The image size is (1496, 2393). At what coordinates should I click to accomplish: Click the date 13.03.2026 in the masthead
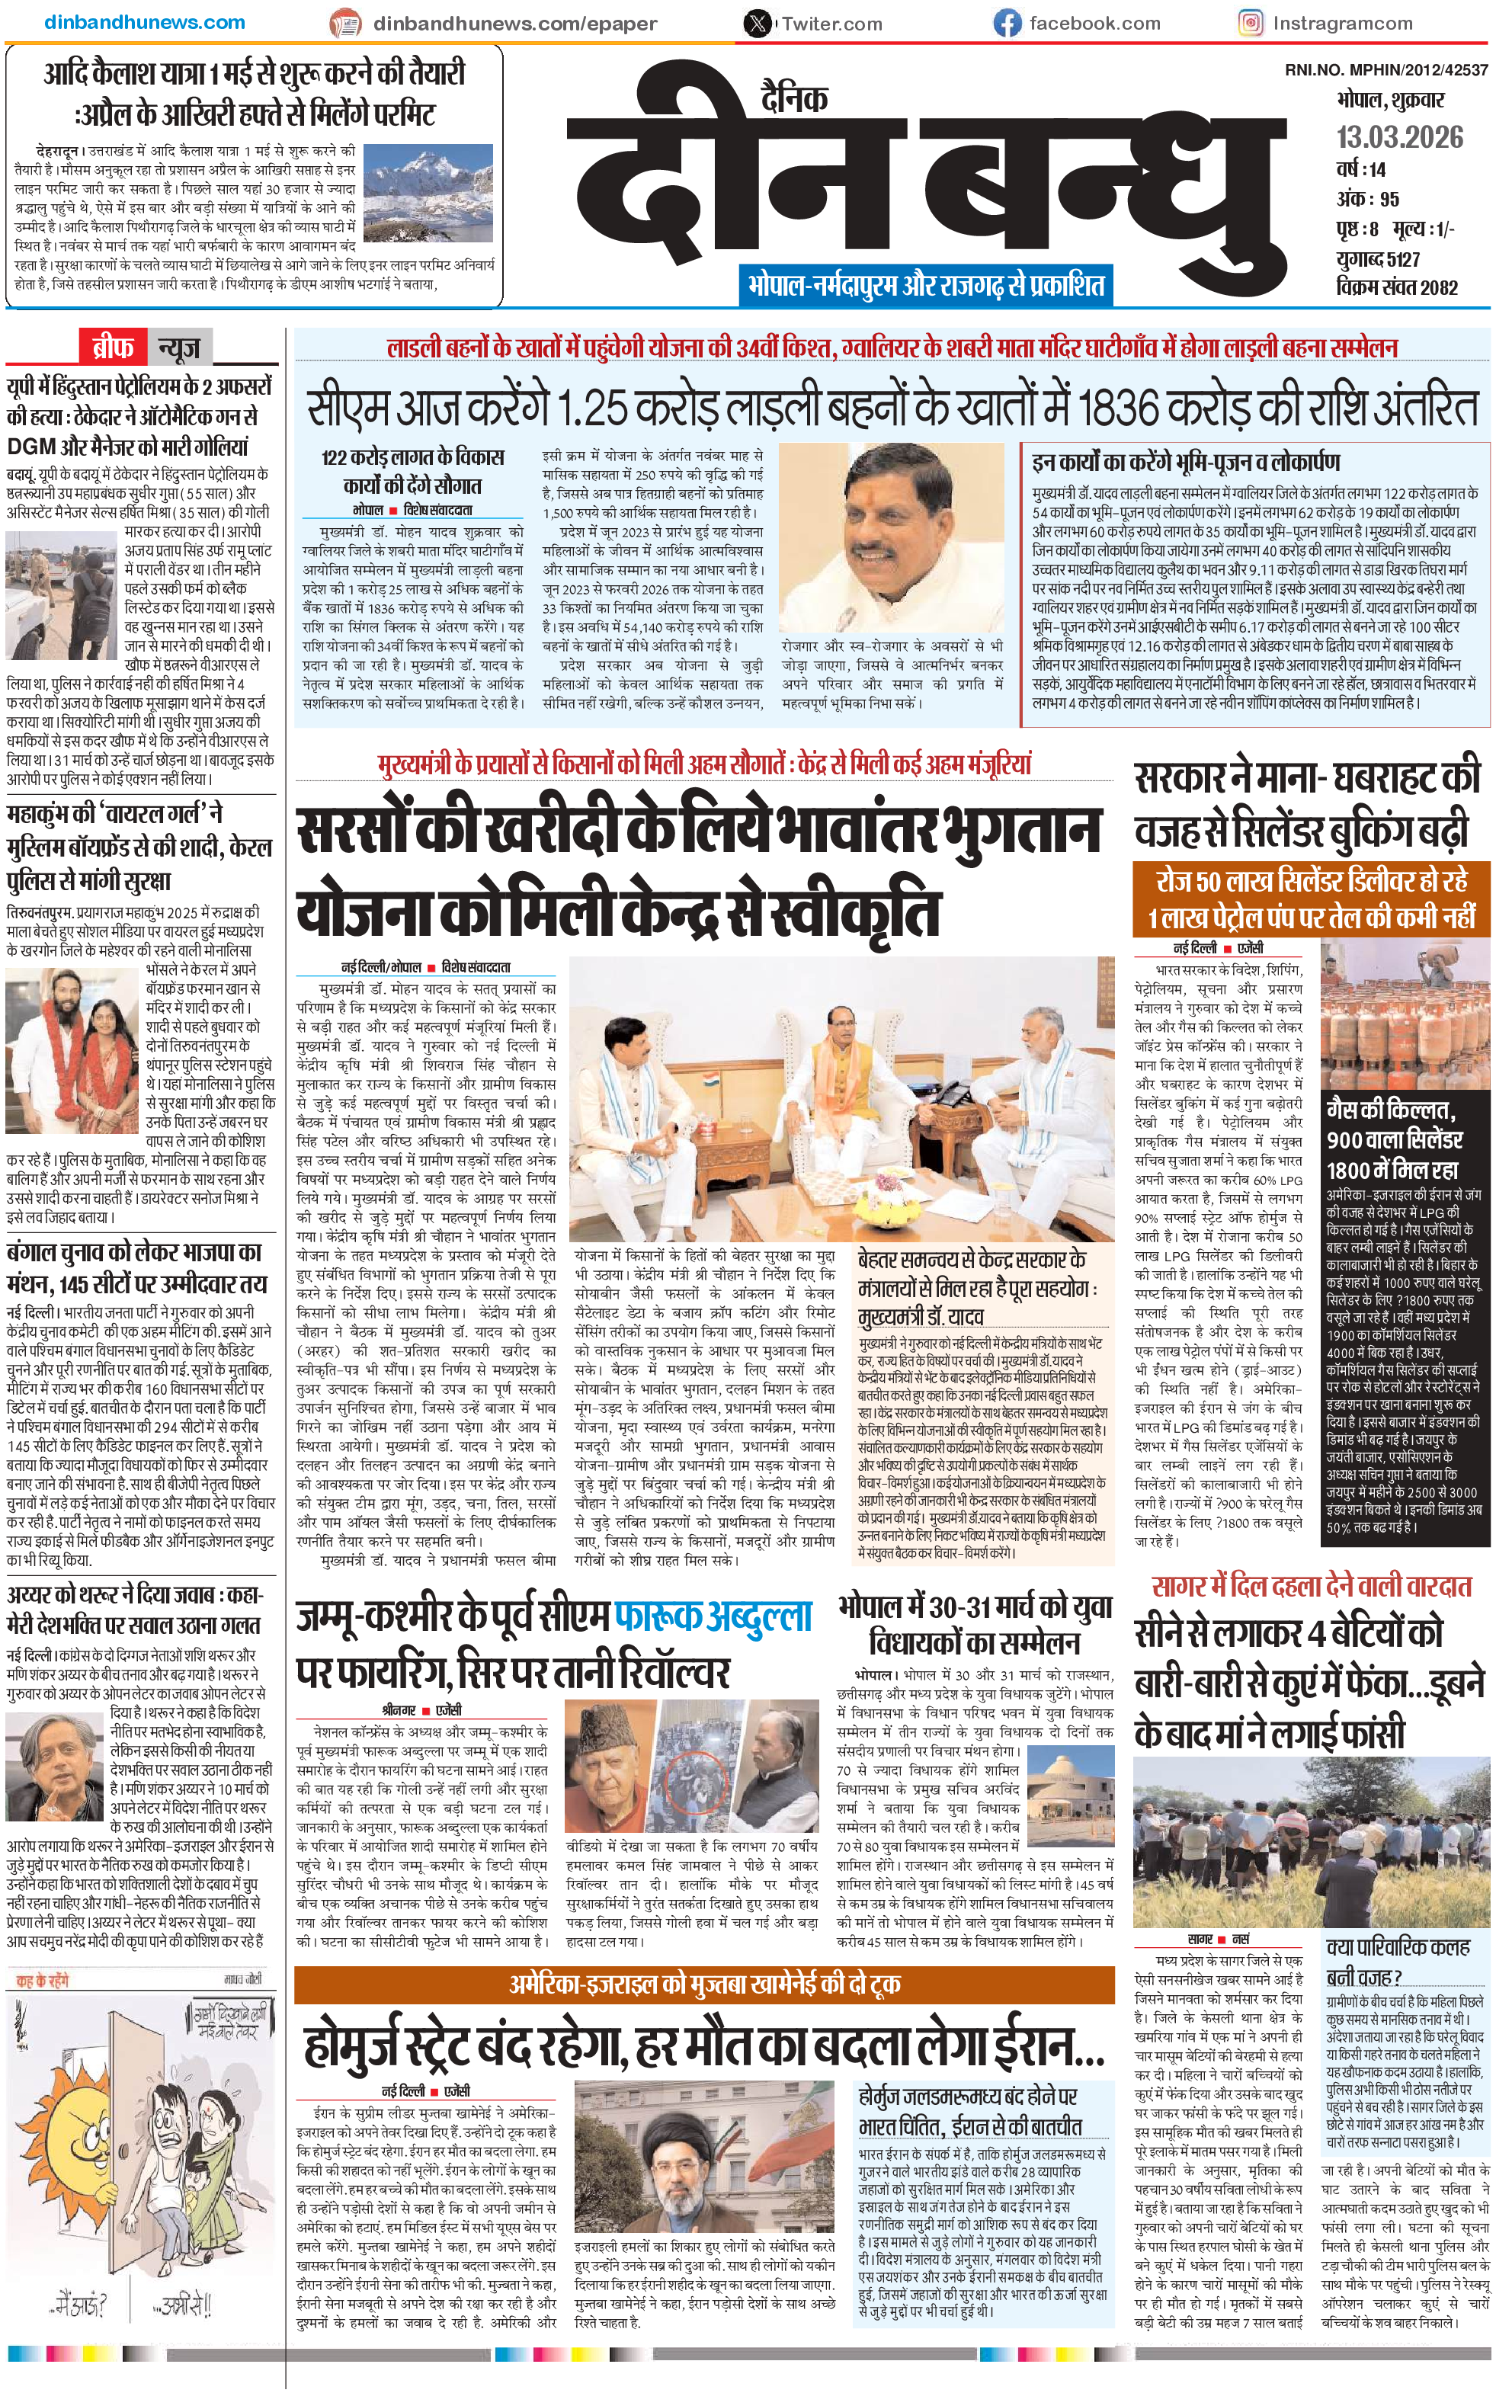1399,136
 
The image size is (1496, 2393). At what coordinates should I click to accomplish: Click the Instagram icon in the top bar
1251,23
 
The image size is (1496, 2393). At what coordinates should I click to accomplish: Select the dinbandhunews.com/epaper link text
514,23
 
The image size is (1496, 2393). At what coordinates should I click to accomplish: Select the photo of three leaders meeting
843,1098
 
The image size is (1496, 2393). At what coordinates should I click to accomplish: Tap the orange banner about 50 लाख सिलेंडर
1310,899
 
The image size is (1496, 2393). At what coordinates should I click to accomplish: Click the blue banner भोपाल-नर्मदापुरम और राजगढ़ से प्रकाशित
925,286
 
